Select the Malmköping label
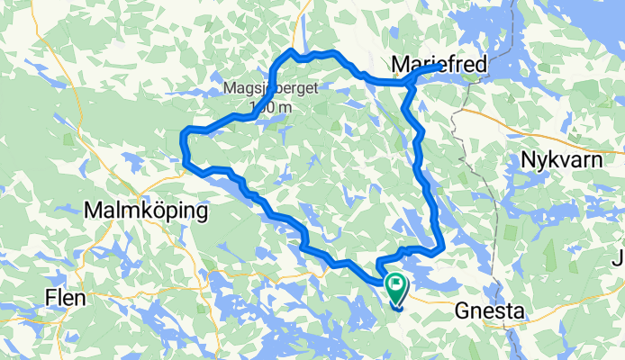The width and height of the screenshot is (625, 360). click(x=145, y=211)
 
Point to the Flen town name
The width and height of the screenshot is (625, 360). click(x=67, y=297)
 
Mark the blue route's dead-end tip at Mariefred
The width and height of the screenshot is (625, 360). click(x=439, y=67)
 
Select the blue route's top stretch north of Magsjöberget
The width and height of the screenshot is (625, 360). click(x=315, y=55)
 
